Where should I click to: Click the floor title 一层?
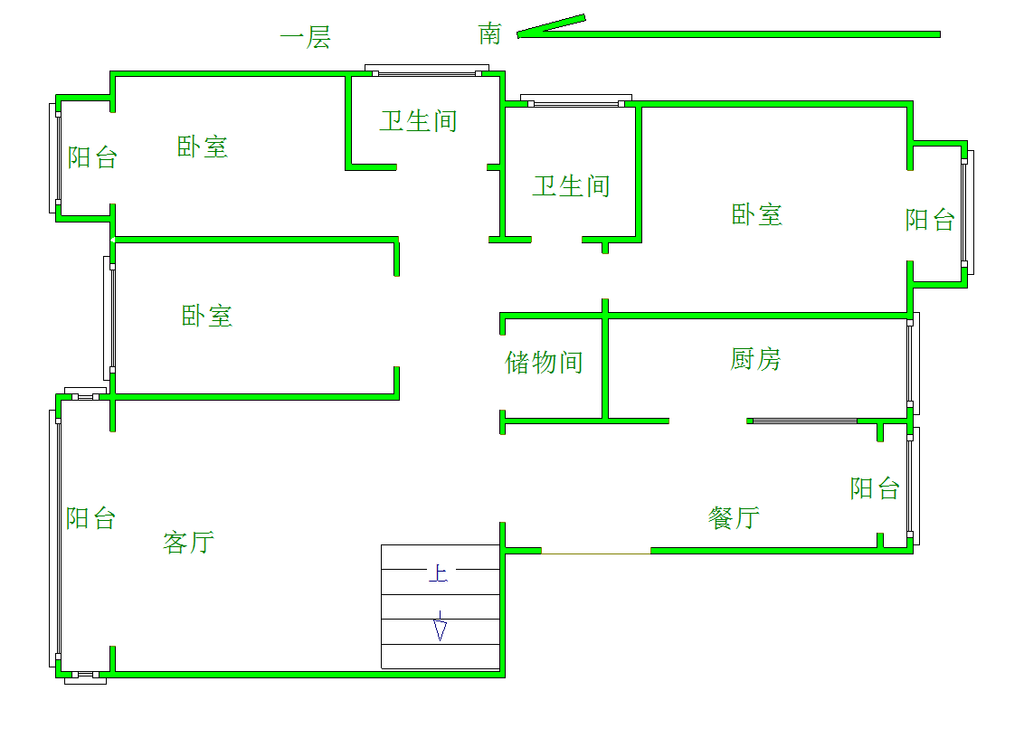(x=305, y=37)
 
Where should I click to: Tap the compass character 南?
(x=489, y=34)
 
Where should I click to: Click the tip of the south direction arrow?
(x=517, y=34)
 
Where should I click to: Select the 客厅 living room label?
(x=189, y=542)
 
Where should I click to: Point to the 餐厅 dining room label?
(x=734, y=518)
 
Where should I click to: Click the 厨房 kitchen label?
(x=755, y=359)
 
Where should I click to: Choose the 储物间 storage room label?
(x=544, y=363)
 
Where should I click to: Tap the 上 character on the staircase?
(x=438, y=573)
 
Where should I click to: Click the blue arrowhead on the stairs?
(x=441, y=630)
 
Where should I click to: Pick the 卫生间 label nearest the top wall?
(x=419, y=121)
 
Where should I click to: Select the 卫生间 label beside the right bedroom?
(x=572, y=187)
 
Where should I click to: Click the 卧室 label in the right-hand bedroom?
(x=757, y=215)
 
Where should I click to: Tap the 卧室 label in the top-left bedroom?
(x=203, y=147)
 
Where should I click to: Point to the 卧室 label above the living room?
(x=207, y=317)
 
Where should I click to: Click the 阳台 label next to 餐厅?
(x=875, y=488)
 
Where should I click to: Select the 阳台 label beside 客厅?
(x=91, y=518)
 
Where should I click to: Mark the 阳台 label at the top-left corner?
(x=93, y=157)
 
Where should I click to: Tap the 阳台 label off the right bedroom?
(x=931, y=220)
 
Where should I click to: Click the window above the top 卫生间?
(x=427, y=71)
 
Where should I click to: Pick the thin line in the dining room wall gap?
(x=596, y=553)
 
